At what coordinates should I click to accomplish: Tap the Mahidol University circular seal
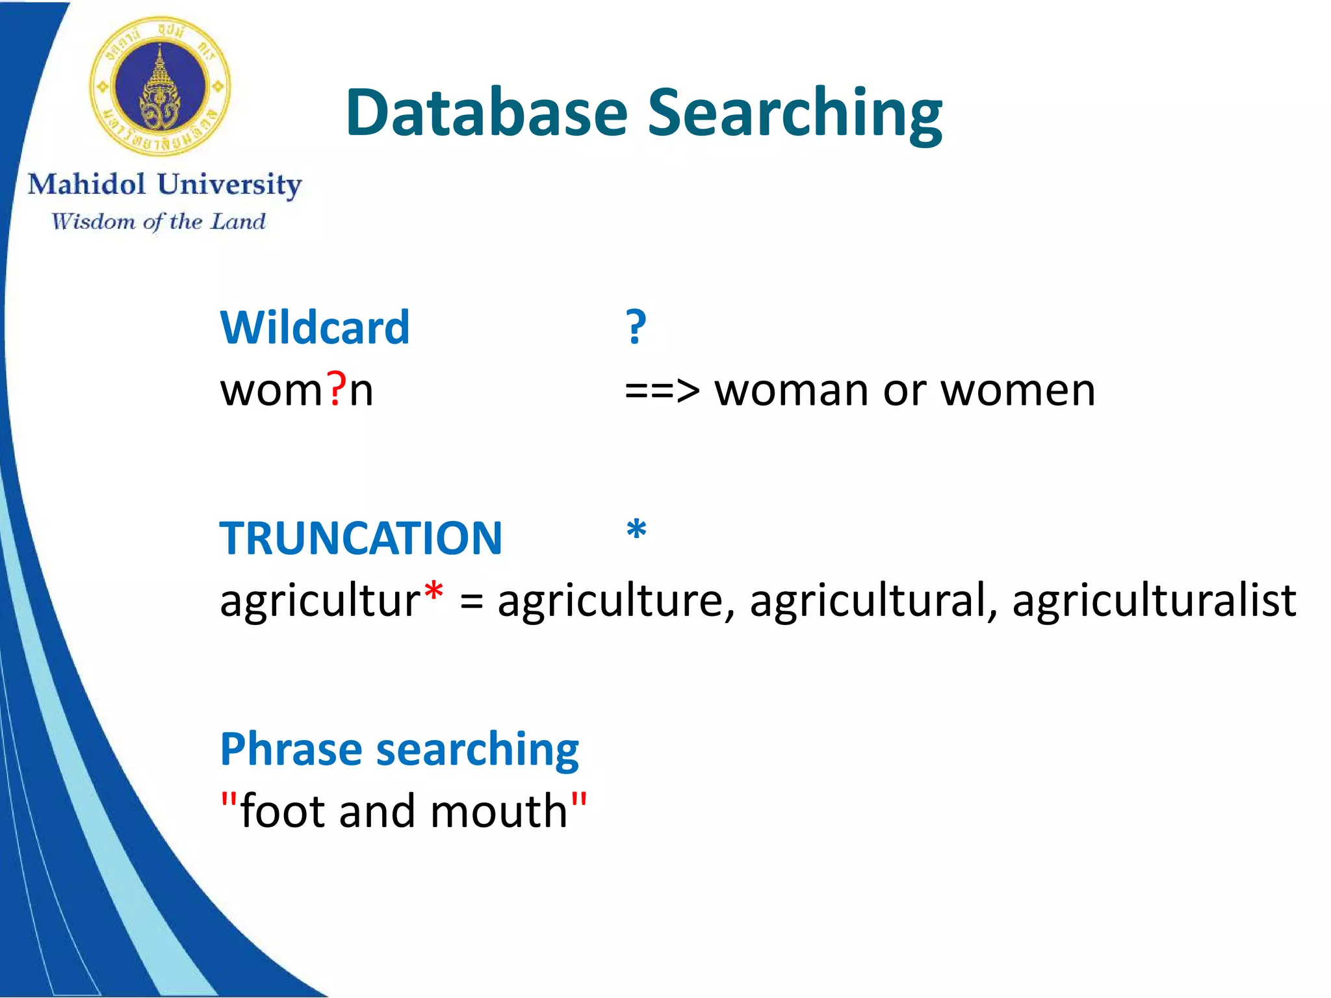160,86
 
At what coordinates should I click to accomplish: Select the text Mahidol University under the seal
164,185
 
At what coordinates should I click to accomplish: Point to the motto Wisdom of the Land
159,222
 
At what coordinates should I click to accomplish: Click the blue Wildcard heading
315,327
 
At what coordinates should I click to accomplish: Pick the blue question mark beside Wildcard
636,327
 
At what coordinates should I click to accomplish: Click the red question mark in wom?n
336,390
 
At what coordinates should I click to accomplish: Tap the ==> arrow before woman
662,391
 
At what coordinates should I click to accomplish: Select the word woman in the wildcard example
791,391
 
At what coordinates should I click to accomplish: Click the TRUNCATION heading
361,539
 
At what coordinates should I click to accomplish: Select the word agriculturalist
1154,600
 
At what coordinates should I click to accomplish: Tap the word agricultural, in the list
873,600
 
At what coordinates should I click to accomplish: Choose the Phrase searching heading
399,749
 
